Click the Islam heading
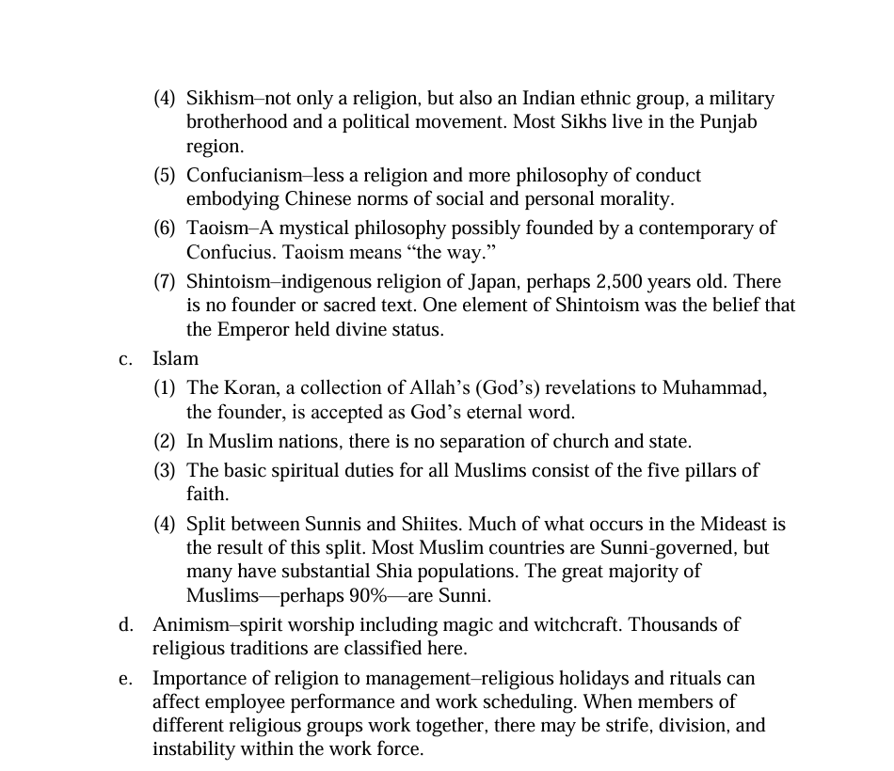pos(175,358)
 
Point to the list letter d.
pos(124,624)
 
